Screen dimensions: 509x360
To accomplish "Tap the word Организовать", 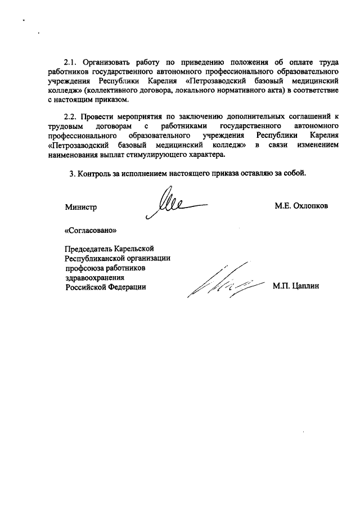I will pyautogui.click(x=109, y=62).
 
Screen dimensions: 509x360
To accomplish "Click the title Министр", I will pyautogui.click(x=81, y=206).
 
